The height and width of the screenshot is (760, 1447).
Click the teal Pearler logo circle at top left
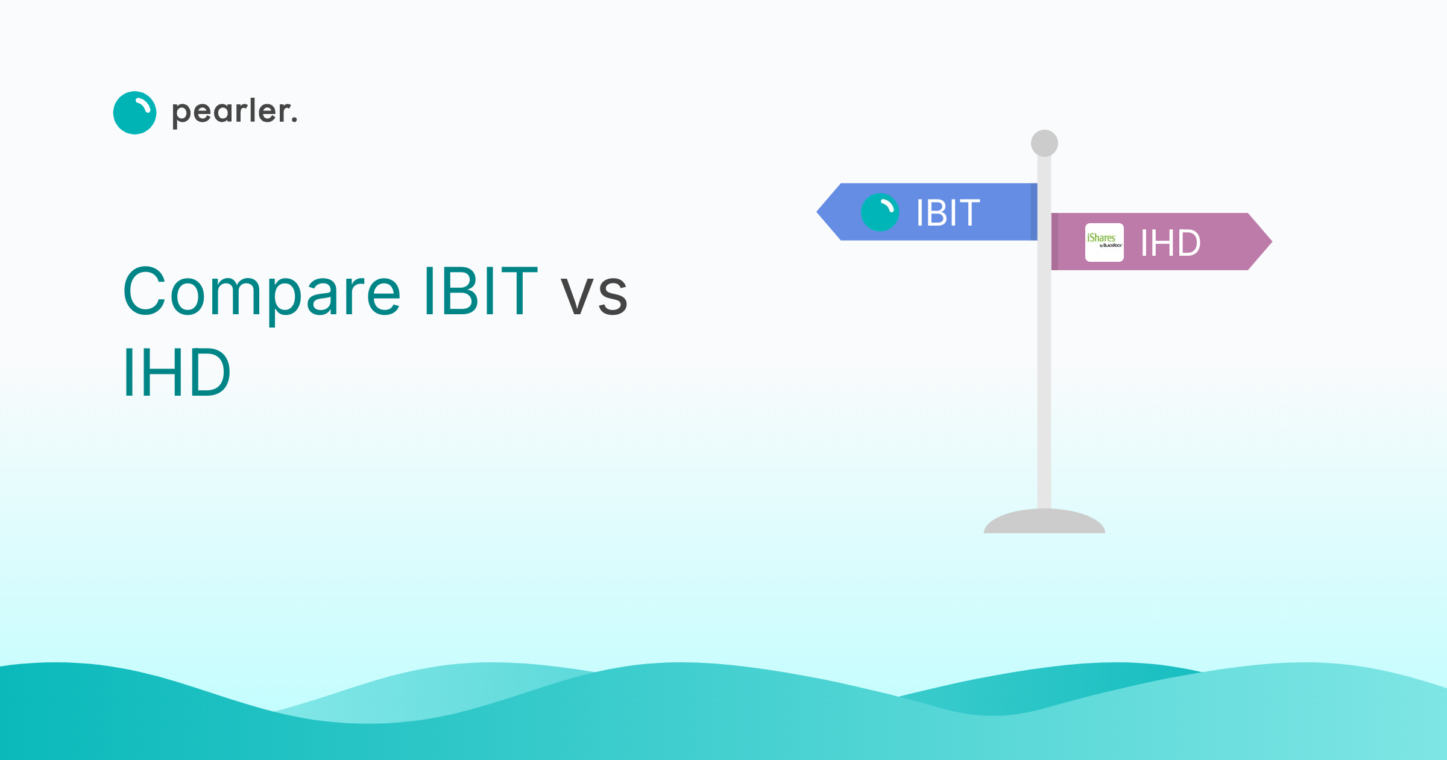coord(134,113)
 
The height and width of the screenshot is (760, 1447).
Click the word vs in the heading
coord(594,295)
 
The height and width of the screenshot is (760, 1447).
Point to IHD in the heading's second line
coord(176,373)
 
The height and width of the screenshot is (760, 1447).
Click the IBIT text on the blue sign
coord(948,213)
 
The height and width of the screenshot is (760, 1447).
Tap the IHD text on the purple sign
coord(1170,243)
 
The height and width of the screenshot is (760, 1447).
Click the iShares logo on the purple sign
coord(1104,242)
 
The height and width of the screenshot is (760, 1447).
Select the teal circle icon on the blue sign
coord(880,212)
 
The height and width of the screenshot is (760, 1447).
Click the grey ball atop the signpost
coord(1044,143)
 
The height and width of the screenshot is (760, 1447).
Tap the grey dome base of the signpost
coord(1044,522)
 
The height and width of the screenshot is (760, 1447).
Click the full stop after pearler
coord(294,121)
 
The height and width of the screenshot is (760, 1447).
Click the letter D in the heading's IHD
coord(207,373)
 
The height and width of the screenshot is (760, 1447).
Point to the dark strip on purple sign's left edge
coord(1055,241)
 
